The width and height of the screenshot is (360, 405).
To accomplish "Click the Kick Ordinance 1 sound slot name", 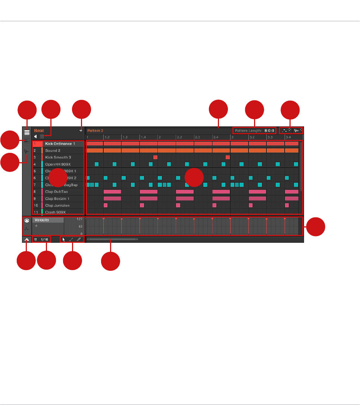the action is click(x=60, y=144).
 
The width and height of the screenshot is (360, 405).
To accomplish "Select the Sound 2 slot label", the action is click(x=53, y=151).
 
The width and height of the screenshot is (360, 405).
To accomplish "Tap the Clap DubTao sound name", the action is click(x=56, y=192).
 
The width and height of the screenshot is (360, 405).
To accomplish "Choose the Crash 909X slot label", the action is click(x=55, y=212).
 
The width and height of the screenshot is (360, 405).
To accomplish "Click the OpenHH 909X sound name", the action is click(x=58, y=164).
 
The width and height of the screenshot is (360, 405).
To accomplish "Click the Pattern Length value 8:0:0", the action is click(x=269, y=131).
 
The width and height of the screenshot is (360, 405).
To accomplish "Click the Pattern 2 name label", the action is click(x=95, y=131).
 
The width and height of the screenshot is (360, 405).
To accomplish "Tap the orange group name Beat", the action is click(x=38, y=131).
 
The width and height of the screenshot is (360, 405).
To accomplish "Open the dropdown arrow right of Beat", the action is click(x=81, y=131).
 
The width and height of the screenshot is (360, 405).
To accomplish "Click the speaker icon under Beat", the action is click(x=36, y=136).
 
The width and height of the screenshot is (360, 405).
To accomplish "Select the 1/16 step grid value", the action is click(x=45, y=239).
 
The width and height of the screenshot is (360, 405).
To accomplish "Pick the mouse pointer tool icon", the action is click(x=64, y=239).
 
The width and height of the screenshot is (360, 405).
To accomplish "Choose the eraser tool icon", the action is click(x=79, y=239).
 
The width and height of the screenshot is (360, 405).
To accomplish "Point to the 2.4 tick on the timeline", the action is click(x=216, y=137).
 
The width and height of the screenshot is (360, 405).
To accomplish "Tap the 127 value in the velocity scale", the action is click(x=79, y=219).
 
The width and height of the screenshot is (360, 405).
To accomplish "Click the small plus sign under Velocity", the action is click(x=36, y=226).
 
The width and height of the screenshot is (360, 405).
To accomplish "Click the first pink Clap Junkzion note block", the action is click(x=106, y=205).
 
